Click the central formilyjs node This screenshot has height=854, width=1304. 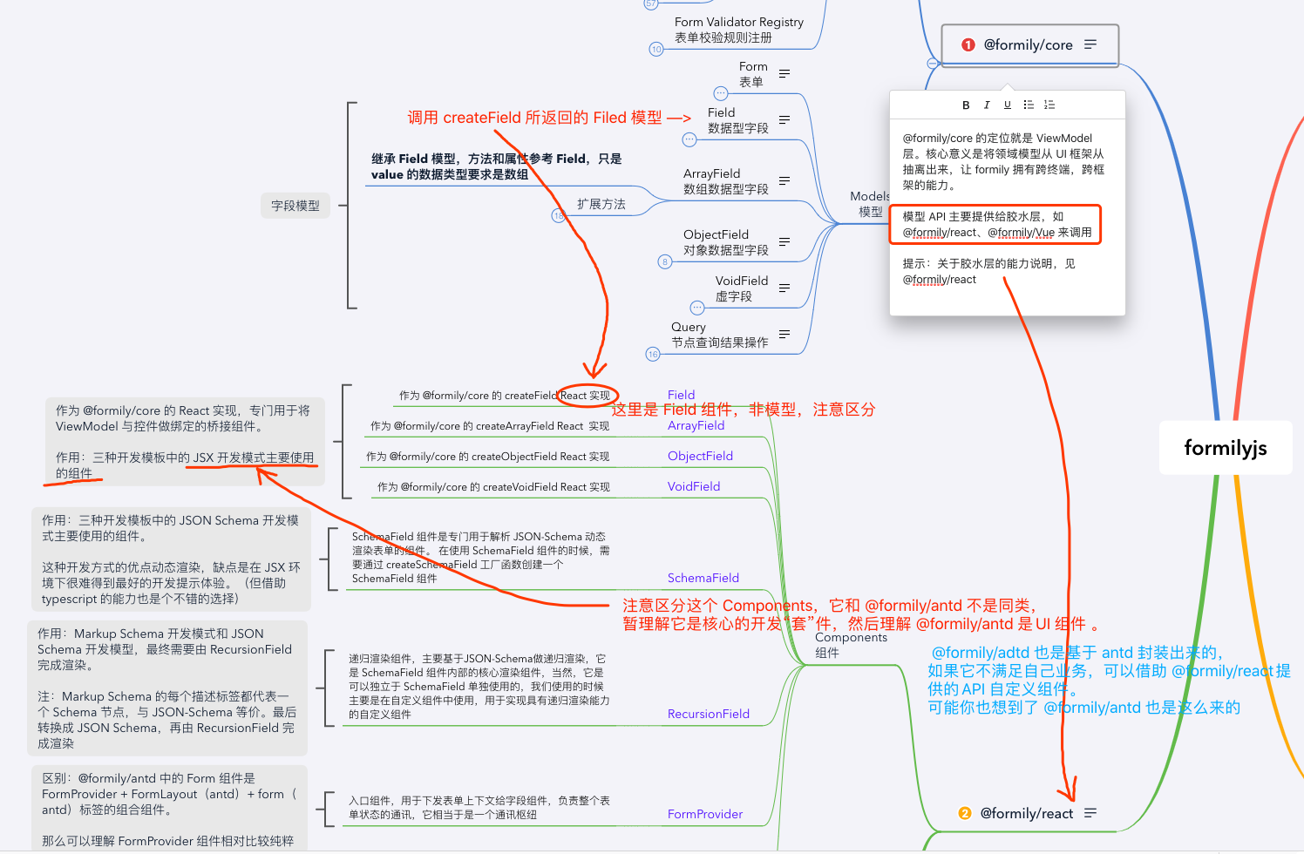[1225, 448]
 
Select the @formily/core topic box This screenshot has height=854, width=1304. [1029, 44]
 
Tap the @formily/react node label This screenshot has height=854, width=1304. [1026, 813]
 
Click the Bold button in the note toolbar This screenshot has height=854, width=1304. [966, 105]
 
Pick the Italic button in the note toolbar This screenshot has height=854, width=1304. [987, 105]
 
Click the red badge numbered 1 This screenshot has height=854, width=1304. [968, 44]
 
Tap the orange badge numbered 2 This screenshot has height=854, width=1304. [964, 813]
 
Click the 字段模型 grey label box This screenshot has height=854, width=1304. [295, 206]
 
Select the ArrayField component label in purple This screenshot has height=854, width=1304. [696, 425]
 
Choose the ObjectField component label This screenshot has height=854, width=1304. [700, 456]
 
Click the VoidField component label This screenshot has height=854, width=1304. [693, 486]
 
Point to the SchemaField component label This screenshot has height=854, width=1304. [703, 578]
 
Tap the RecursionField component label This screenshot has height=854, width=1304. [708, 714]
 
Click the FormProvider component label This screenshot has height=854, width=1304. [704, 814]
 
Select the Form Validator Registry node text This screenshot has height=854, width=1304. [738, 22]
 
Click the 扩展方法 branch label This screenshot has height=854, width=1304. [601, 204]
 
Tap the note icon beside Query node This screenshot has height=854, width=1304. [784, 334]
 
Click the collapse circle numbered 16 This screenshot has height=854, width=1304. [653, 354]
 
